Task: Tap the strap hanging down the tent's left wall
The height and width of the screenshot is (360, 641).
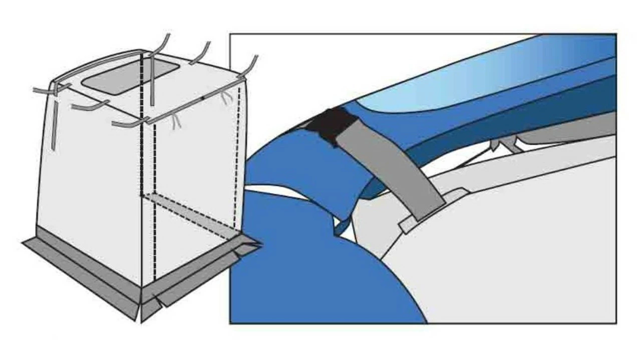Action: pos(53,125)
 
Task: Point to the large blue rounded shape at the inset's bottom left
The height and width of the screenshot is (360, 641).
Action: pos(310,270)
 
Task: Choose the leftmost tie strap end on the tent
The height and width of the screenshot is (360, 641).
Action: pos(38,91)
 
